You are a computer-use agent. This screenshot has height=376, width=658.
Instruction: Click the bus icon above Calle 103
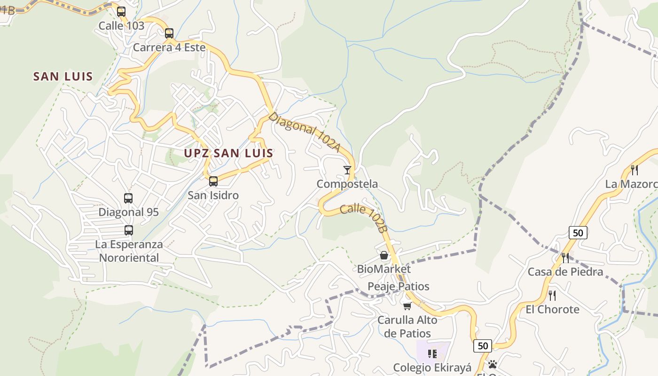tap(121, 12)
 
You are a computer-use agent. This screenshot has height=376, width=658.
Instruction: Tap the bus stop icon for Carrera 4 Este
tap(169, 33)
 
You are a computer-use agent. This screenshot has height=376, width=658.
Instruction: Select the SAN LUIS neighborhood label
tap(63, 76)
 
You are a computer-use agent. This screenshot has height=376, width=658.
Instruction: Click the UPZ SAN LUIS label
tap(228, 153)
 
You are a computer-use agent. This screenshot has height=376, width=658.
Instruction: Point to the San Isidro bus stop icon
tap(213, 181)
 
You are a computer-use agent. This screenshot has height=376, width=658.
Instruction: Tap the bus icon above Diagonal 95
tap(128, 198)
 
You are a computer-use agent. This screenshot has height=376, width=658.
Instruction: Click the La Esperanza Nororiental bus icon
tap(129, 230)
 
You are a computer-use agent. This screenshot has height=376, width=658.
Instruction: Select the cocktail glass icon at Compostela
tap(347, 170)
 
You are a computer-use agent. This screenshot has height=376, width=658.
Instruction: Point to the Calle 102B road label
tap(363, 217)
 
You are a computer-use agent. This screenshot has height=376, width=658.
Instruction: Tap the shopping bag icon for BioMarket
tap(384, 255)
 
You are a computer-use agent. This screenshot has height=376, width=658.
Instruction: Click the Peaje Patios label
tap(398, 286)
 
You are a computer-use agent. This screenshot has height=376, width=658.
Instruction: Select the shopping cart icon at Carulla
tap(407, 306)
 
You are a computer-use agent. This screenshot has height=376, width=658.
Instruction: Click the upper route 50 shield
tap(578, 232)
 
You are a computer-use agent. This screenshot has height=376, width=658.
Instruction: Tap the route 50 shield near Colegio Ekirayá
tap(483, 346)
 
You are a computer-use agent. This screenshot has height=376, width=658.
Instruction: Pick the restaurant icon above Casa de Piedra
tap(565, 258)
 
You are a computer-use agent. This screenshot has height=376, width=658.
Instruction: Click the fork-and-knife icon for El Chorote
tap(552, 295)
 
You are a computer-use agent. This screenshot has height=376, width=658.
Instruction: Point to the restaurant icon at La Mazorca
tap(634, 170)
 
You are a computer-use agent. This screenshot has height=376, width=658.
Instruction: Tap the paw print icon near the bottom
tap(493, 364)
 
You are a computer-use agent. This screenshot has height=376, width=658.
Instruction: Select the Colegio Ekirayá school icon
tap(432, 353)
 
